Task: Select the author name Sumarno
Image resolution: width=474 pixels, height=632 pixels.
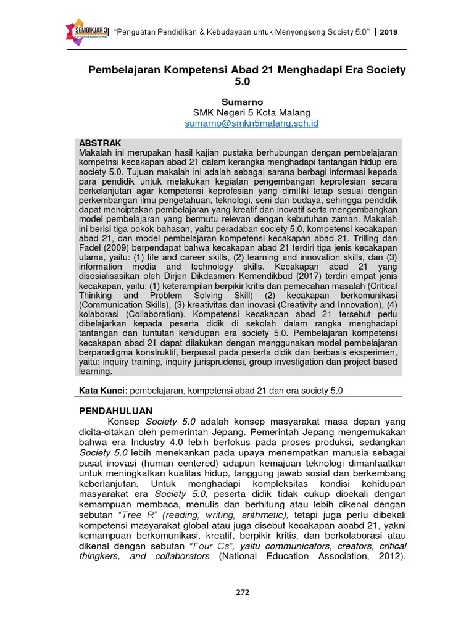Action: (243, 101)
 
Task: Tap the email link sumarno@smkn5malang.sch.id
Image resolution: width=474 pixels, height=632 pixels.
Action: (252, 123)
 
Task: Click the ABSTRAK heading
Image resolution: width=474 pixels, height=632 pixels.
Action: (101, 143)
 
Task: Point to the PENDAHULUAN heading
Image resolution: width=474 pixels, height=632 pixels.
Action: (116, 410)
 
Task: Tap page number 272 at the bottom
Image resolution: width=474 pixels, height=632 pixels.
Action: (243, 592)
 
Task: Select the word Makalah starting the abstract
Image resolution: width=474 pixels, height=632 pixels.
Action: (97, 152)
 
